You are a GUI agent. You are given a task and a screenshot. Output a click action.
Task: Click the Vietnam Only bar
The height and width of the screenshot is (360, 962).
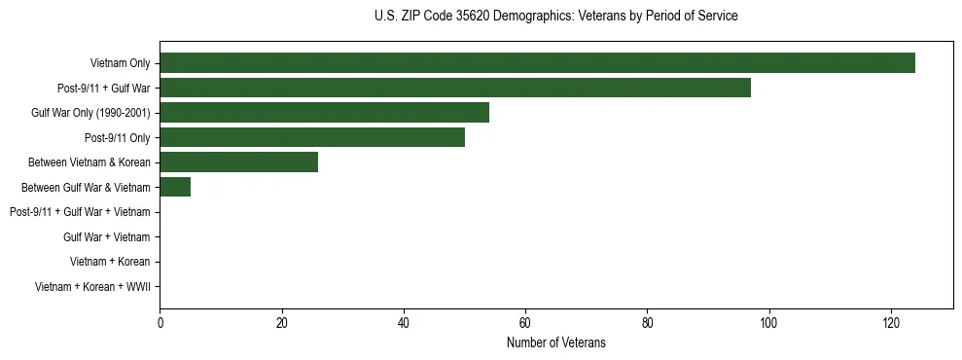click(537, 63)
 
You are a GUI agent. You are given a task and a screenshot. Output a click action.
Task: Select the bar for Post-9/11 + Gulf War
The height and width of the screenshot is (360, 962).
click(455, 88)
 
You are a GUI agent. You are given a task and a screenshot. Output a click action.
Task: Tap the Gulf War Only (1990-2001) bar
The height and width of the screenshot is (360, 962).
click(324, 113)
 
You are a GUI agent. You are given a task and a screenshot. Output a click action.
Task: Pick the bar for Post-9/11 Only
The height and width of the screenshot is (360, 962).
click(312, 137)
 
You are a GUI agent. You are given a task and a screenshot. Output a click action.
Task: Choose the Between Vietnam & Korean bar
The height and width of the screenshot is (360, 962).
click(238, 162)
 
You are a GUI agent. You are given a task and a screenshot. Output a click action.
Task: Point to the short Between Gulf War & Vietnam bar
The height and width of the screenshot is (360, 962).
click(175, 187)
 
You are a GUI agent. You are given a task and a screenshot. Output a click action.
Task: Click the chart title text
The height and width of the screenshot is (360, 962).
click(555, 17)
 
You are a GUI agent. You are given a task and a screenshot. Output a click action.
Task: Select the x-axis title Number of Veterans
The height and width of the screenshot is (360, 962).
click(555, 342)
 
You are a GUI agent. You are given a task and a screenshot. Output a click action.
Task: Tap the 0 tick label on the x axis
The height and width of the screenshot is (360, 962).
click(160, 323)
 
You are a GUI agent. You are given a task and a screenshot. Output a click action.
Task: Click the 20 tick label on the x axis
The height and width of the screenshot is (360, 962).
click(281, 323)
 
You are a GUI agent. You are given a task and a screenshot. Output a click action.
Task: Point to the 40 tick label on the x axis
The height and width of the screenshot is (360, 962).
click(404, 323)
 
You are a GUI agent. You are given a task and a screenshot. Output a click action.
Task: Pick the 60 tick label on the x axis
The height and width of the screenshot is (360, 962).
click(525, 323)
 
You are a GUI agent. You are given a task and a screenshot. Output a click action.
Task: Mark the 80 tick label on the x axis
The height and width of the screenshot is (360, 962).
click(647, 323)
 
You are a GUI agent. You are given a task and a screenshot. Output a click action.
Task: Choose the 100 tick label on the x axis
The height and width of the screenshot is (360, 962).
click(768, 323)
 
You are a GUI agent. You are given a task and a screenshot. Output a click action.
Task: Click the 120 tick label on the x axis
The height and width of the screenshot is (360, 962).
click(891, 323)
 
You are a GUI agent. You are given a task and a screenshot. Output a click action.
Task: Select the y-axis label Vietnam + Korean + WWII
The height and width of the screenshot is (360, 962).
click(92, 286)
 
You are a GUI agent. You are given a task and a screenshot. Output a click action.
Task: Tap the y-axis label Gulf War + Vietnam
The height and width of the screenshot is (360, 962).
click(106, 236)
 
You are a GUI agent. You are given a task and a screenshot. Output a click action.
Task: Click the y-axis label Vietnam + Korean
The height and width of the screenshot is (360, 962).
click(110, 262)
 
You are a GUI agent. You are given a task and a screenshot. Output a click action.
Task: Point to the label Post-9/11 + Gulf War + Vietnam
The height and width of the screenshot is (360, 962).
click(80, 212)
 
